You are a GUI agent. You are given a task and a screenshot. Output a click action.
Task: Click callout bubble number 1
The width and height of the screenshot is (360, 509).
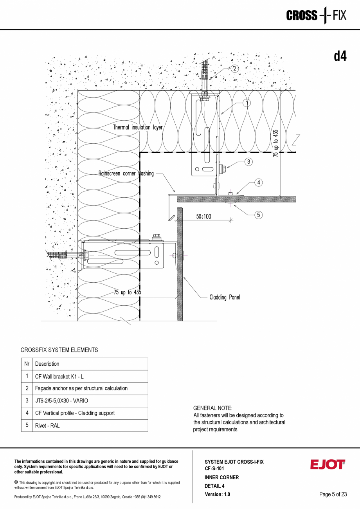click(247, 103)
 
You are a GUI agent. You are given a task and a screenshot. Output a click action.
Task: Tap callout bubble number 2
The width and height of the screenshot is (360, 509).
click(234, 69)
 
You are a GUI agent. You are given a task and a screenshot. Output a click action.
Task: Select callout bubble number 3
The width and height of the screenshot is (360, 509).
click(248, 161)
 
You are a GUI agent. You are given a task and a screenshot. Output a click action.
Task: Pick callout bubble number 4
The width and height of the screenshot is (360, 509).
click(258, 182)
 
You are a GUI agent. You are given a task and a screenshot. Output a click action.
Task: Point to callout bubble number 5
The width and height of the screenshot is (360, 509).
click(258, 215)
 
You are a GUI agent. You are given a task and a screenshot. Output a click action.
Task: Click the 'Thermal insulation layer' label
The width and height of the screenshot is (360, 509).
click(138, 127)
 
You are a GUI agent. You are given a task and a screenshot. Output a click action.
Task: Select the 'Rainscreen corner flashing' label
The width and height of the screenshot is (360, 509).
click(126, 173)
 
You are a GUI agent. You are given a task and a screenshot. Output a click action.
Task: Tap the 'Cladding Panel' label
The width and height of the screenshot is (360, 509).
click(225, 297)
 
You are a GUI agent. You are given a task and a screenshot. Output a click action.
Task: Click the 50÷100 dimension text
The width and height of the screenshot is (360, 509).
click(203, 216)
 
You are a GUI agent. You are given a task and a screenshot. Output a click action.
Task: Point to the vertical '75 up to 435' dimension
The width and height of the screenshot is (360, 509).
click(276, 143)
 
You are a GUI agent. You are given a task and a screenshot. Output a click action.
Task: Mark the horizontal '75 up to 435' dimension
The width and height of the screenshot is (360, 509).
click(128, 292)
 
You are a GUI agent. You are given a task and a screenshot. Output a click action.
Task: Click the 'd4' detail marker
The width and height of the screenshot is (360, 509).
click(340, 56)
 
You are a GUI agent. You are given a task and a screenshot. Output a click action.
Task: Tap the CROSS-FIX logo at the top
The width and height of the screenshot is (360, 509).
click(316, 16)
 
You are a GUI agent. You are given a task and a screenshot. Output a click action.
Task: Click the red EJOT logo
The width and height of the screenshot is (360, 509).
click(328, 465)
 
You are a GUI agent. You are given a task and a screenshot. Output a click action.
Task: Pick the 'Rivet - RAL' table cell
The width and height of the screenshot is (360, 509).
click(47, 426)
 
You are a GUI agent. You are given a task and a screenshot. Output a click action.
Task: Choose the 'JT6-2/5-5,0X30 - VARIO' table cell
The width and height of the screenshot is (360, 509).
click(61, 401)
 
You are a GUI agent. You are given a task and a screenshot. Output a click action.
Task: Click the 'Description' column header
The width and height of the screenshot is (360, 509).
click(47, 364)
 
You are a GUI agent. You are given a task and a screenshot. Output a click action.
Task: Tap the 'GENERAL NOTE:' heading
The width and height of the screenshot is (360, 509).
click(213, 408)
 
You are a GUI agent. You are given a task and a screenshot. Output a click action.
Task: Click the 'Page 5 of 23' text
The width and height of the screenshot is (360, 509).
click(333, 494)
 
